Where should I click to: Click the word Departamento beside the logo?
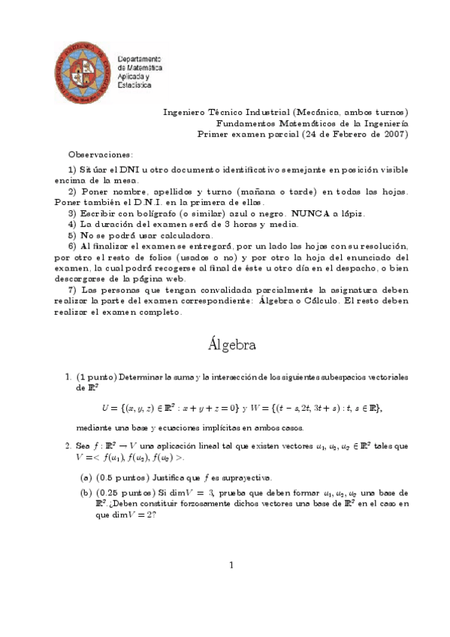coord(140,59)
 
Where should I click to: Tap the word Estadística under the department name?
coord(134,86)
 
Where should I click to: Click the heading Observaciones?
coord(100,153)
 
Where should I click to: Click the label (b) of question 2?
coord(86,493)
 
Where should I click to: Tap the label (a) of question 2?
coord(86,478)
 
